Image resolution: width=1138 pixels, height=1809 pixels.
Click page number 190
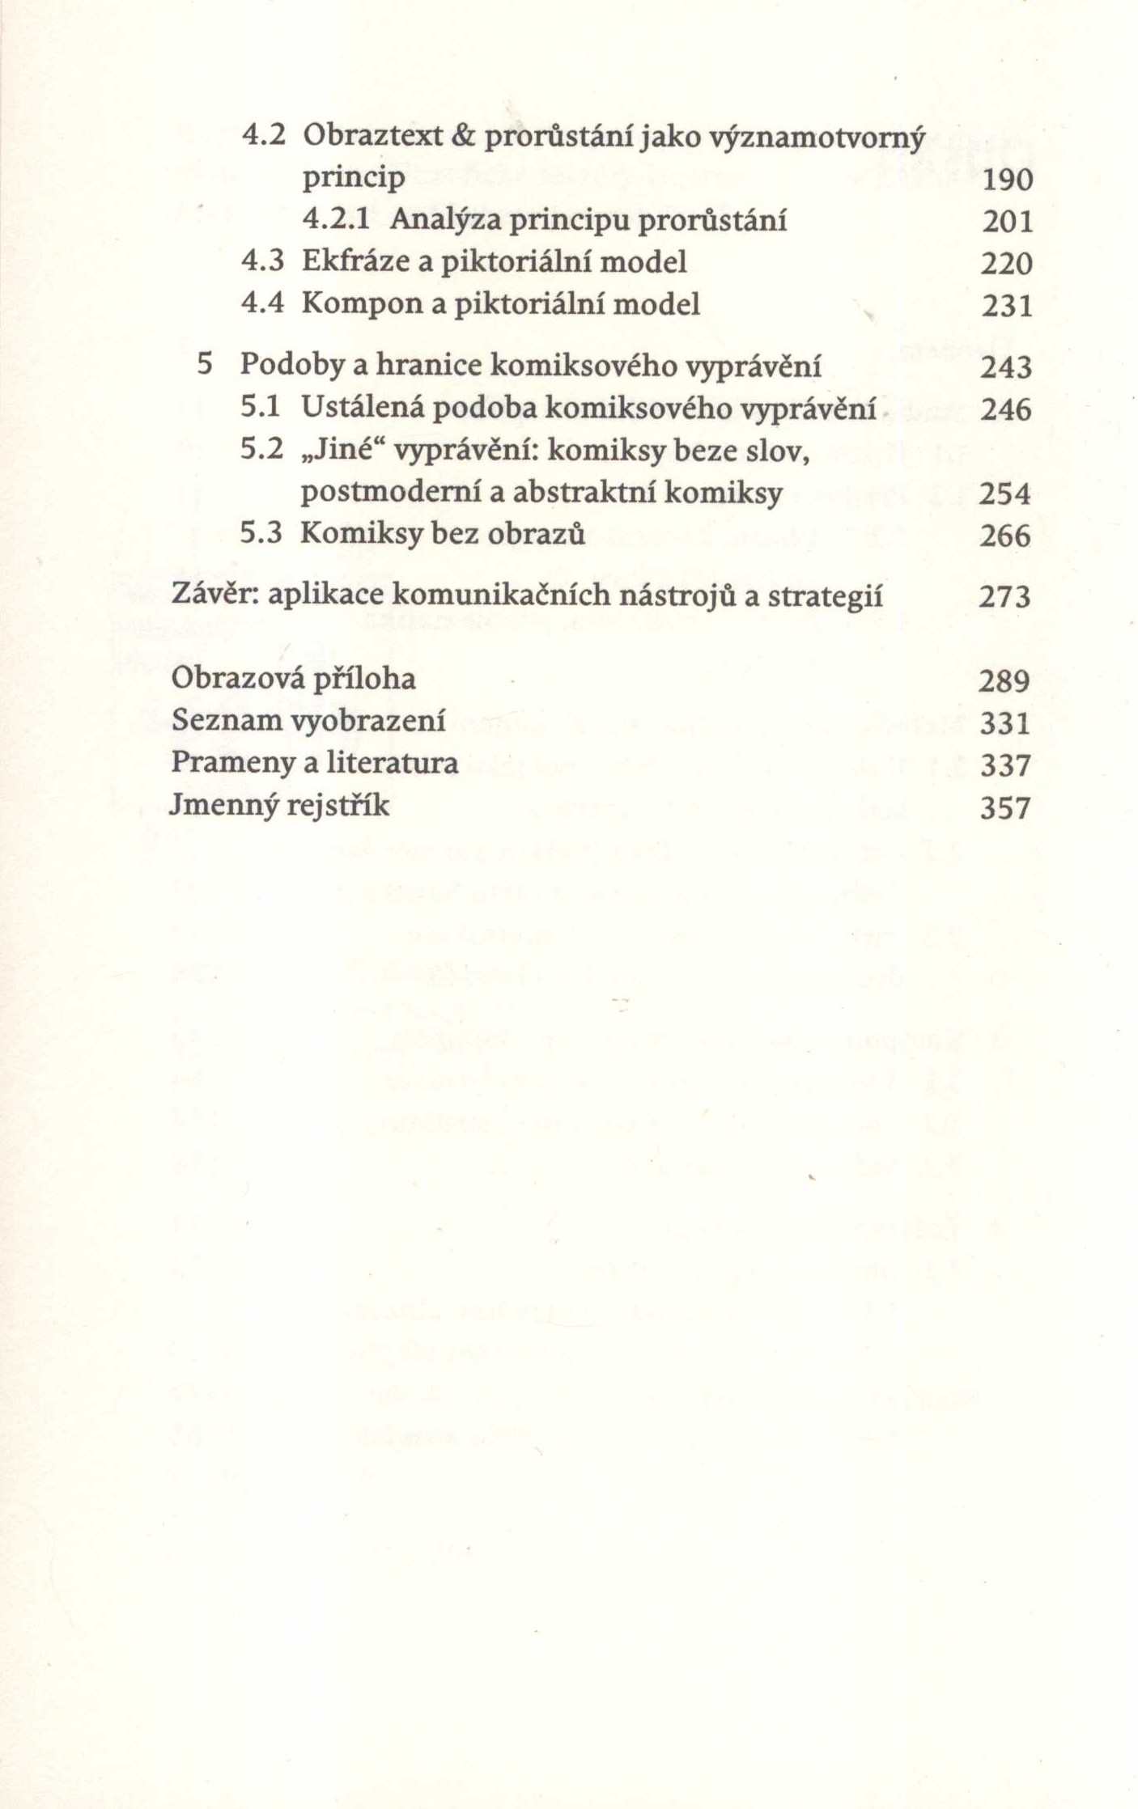point(1007,180)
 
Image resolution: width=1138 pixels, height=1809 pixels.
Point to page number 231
point(1007,307)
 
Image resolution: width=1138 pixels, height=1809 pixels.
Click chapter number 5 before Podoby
point(205,366)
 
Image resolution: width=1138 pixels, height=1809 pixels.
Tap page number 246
point(1006,410)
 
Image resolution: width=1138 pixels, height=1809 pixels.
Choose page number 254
point(1005,494)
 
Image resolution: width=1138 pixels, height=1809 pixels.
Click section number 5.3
point(261,535)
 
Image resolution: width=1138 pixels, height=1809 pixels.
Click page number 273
point(1005,598)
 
